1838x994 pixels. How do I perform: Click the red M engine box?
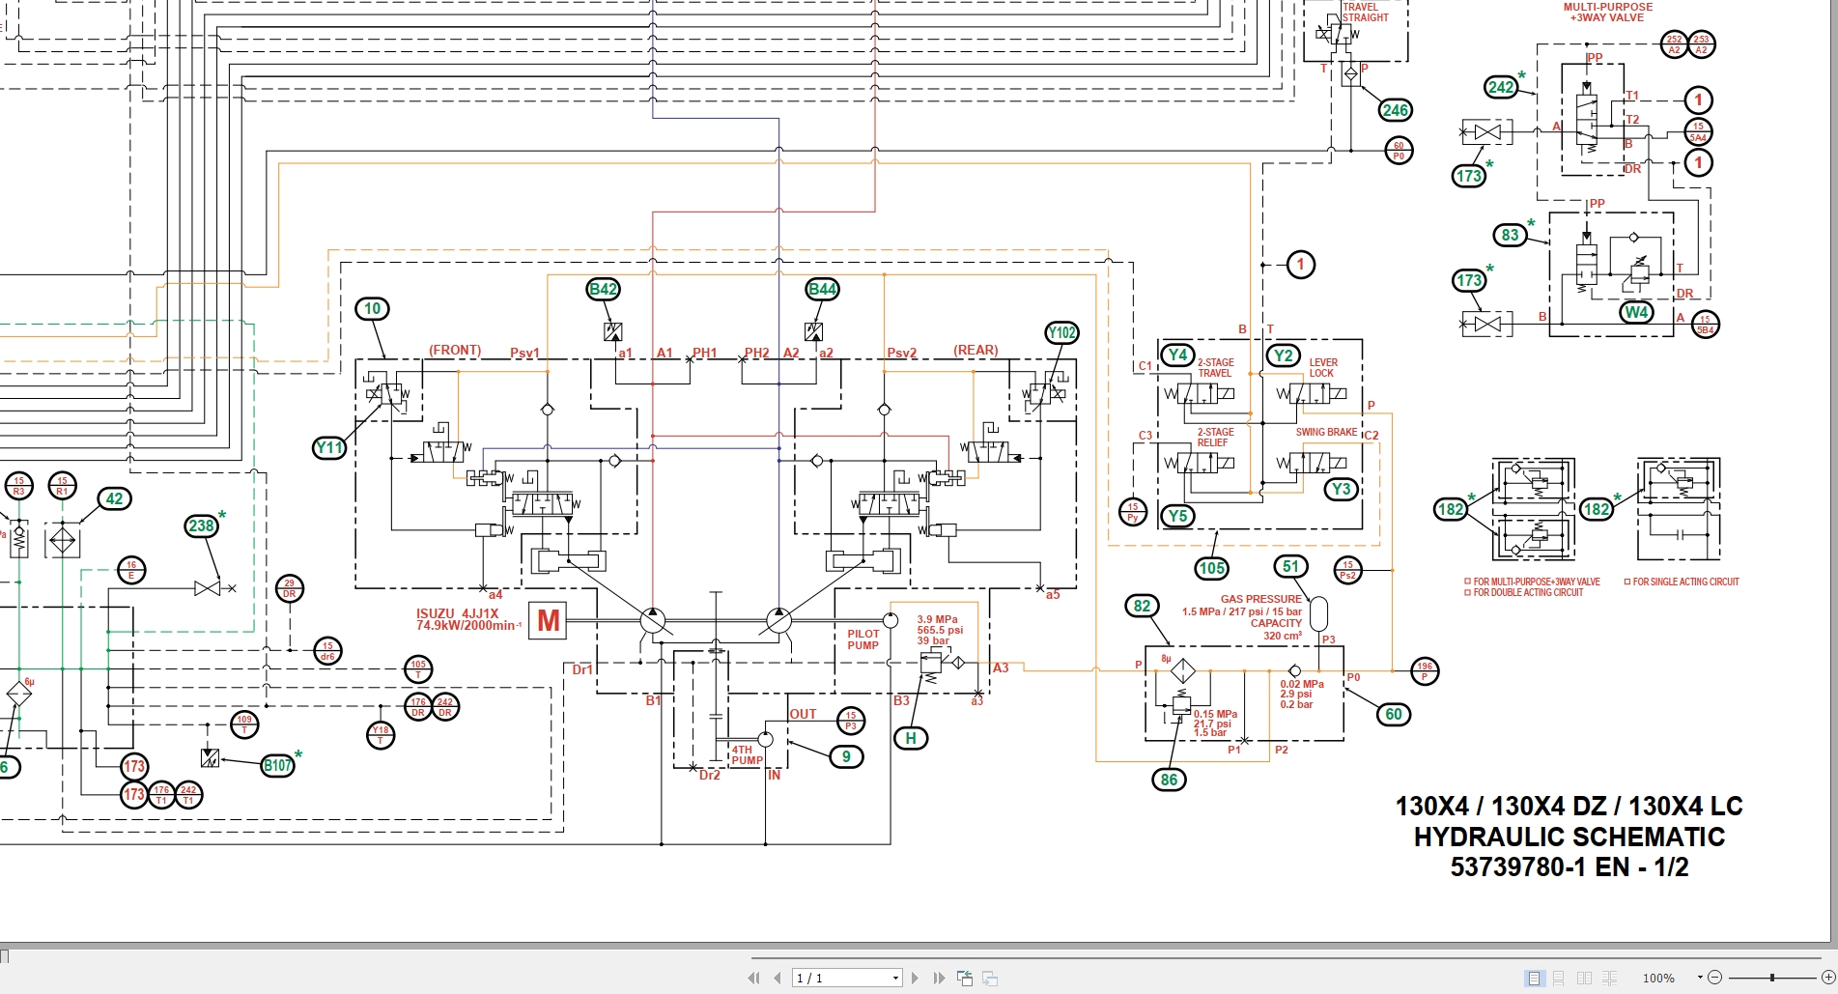(x=549, y=620)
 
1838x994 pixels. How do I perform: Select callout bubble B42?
(x=604, y=289)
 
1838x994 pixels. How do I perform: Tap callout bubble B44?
(x=822, y=289)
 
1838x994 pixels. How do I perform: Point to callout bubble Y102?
(x=1061, y=332)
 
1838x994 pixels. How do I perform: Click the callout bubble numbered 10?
(x=373, y=308)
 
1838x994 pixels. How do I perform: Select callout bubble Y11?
(x=329, y=447)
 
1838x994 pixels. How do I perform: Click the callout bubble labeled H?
(x=911, y=738)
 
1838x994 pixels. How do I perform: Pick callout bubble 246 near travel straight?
(x=1395, y=110)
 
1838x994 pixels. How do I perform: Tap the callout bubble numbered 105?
(x=1211, y=568)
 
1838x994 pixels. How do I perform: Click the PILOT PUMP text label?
(x=863, y=639)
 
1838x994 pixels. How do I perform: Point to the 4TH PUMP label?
(x=747, y=754)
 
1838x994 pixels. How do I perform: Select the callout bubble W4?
(x=1636, y=311)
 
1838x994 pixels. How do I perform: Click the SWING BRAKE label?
(x=1326, y=432)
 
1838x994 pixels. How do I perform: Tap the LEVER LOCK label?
(x=1323, y=367)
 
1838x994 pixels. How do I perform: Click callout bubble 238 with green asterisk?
(x=201, y=525)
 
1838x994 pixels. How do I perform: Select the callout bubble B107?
(x=277, y=765)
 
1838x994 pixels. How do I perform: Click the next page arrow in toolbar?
(x=915, y=978)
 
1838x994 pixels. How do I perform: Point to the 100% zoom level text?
(x=1658, y=978)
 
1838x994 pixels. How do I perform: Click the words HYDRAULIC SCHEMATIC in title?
(x=1569, y=837)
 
